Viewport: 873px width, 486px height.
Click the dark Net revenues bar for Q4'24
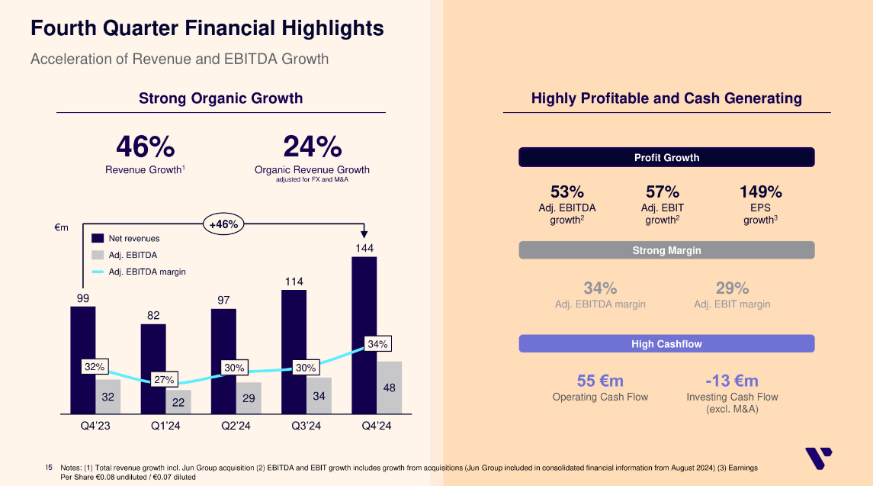364,305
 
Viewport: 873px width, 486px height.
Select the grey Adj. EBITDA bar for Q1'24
178,401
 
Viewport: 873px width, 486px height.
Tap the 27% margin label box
164,379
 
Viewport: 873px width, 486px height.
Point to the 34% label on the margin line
377,344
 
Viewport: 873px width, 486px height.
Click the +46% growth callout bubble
223,224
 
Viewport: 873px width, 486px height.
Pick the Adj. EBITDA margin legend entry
147,272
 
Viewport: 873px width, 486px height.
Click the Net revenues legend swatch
97,239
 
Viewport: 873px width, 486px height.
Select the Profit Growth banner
666,157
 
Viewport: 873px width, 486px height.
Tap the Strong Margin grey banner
666,250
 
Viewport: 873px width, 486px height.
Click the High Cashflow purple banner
666,344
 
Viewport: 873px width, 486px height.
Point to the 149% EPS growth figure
761,192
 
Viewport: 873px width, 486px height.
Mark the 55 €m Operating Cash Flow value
600,381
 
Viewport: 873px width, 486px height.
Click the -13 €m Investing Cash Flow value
732,381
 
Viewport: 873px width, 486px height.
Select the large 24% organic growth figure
312,146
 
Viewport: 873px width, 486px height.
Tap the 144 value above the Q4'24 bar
364,249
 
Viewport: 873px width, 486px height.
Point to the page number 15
49,466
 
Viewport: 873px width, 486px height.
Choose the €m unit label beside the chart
62,227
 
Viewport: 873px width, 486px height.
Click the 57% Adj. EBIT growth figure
662,192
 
